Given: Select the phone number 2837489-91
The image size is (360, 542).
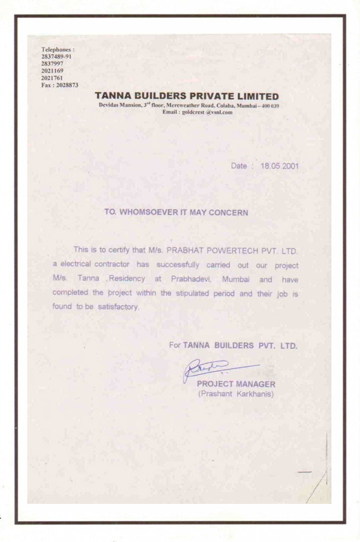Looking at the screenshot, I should click(x=56, y=56).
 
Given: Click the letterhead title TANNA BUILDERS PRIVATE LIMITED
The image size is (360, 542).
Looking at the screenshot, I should click(x=187, y=96).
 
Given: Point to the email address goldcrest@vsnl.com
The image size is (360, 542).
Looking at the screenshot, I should click(x=197, y=112).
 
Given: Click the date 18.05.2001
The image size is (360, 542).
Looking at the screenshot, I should click(x=280, y=166).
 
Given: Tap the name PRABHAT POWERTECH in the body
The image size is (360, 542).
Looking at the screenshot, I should click(x=211, y=249).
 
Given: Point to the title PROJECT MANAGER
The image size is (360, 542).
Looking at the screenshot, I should click(x=236, y=384).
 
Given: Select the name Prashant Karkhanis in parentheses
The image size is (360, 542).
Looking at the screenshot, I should click(x=236, y=394).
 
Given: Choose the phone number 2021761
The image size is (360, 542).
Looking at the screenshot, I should click(x=52, y=78).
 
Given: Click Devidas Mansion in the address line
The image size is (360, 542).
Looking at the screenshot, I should click(x=116, y=106).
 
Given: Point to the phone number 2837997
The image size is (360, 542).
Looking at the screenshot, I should click(x=52, y=63).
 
